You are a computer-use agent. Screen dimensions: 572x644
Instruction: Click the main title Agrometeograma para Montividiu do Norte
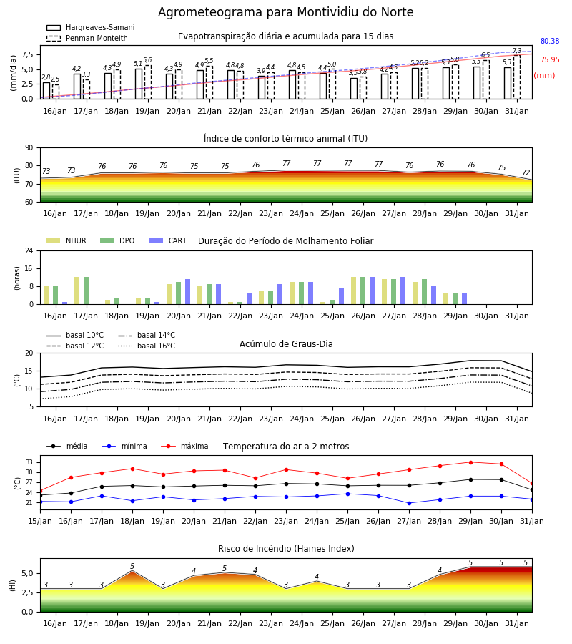(285, 12)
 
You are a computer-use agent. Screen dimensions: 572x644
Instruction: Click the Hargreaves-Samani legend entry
(90, 27)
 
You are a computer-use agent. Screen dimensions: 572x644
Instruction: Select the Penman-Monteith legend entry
(87, 38)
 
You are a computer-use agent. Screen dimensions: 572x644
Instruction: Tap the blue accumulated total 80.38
(550, 41)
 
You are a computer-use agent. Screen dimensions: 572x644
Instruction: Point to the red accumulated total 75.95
(550, 59)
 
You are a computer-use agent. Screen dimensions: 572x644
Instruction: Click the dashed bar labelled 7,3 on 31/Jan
(517, 77)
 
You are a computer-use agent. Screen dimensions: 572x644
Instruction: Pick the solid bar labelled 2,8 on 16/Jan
(46, 90)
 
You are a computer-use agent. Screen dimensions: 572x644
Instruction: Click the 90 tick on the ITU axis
(29, 148)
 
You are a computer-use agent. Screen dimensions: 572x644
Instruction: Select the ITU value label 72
(526, 173)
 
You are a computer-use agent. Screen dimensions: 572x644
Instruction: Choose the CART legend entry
(168, 240)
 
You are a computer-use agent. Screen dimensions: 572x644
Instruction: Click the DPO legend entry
(117, 240)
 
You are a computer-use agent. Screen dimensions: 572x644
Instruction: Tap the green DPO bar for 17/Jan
(87, 291)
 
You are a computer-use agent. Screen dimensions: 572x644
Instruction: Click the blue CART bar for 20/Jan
(188, 292)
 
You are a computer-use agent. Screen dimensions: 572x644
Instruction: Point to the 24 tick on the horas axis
(29, 250)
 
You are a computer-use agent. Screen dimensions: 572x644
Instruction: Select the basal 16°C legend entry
(147, 346)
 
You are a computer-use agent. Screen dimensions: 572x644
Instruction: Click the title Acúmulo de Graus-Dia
(286, 343)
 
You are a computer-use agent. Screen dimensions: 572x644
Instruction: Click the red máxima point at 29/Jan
(470, 462)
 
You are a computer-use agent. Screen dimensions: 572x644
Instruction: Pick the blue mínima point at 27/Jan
(409, 503)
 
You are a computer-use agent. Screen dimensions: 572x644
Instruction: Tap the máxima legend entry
(184, 446)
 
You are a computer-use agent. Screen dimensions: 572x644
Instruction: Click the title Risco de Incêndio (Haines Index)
(286, 548)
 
